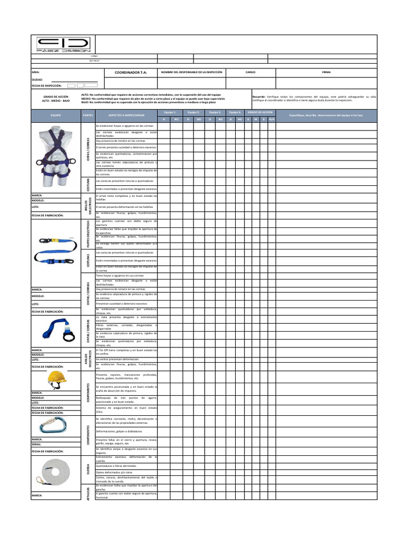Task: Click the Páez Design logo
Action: [x=63, y=44]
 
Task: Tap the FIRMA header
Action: [x=327, y=72]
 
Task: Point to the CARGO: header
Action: [x=250, y=72]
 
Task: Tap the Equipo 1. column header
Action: [x=169, y=112]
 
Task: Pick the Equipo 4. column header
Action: [x=236, y=112]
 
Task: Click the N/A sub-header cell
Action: [x=271, y=119]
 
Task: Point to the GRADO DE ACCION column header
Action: [x=260, y=112]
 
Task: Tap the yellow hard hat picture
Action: [x=56, y=378]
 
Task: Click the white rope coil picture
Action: [x=56, y=471]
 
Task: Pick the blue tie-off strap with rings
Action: [x=56, y=329]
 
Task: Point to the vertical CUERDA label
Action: [x=88, y=468]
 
